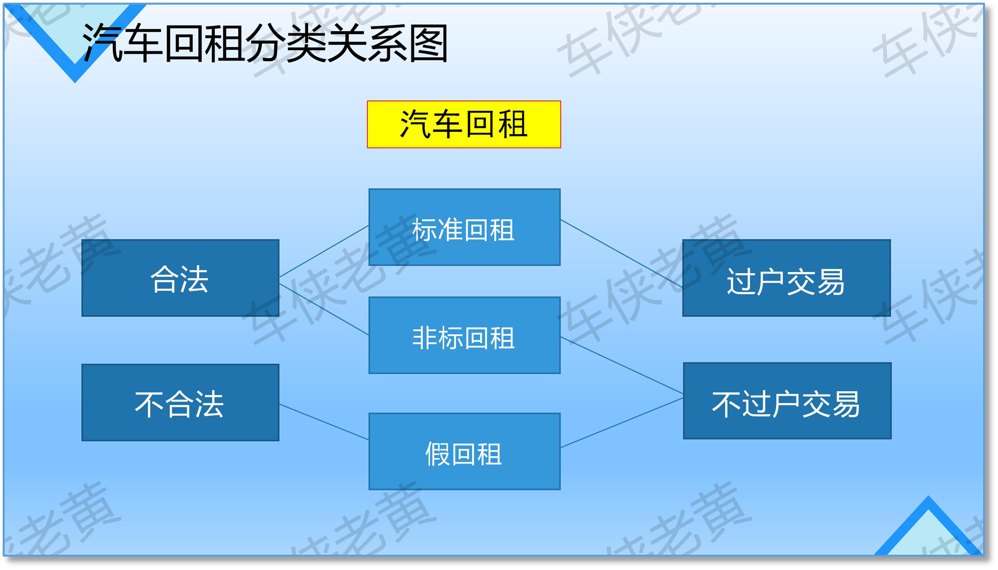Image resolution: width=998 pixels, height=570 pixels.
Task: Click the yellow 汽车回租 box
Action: click(x=464, y=124)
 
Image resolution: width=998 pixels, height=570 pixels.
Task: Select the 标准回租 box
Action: click(x=465, y=227)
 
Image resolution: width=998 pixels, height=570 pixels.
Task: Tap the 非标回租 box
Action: click(x=465, y=336)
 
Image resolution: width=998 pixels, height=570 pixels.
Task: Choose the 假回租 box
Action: click(x=465, y=452)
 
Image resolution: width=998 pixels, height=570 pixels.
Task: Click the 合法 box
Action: click(x=180, y=278)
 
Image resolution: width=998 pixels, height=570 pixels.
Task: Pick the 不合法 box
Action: click(x=180, y=403)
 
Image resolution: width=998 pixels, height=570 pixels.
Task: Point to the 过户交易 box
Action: click(x=787, y=278)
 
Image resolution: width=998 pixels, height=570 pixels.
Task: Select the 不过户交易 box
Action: click(x=787, y=401)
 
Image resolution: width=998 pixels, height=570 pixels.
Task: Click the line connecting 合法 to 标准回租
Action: click(x=324, y=251)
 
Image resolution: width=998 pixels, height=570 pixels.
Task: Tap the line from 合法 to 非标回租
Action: click(x=324, y=309)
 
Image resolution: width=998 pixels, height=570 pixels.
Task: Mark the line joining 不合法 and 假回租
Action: click(x=324, y=422)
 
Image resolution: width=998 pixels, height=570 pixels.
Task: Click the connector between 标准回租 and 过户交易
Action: click(x=621, y=253)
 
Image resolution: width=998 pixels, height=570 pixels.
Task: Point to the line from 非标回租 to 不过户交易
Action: click(x=622, y=365)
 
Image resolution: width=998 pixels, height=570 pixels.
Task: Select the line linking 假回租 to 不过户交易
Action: click(x=622, y=423)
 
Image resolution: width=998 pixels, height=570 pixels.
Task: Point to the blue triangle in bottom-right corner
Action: click(x=928, y=526)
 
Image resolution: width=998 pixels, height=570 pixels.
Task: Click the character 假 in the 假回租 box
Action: click(x=437, y=454)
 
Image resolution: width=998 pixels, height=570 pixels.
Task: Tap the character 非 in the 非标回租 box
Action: click(x=425, y=338)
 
